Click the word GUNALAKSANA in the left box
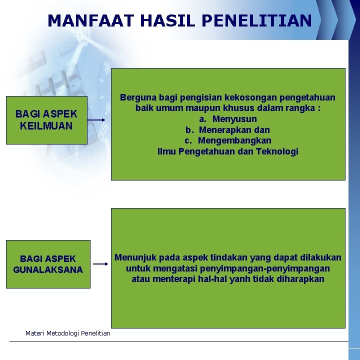click(x=48, y=270)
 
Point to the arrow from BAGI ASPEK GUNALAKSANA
click(x=101, y=264)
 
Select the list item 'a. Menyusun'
click(x=228, y=119)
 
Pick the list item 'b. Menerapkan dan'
click(x=228, y=130)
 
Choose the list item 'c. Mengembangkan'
click(x=228, y=140)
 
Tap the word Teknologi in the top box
click(x=277, y=151)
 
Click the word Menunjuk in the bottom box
click(x=134, y=257)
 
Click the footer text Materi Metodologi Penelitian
click(x=68, y=333)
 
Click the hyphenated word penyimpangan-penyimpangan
click(x=271, y=268)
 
